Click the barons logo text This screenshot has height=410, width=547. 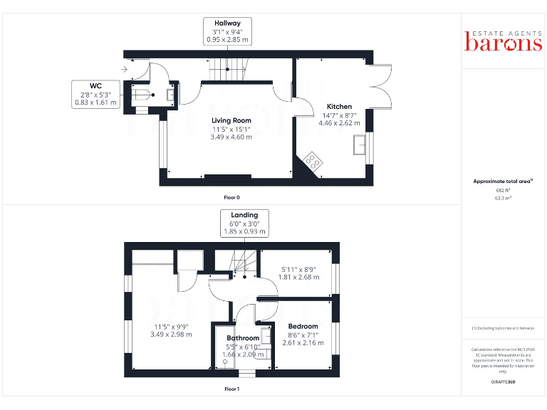pyautogui.click(x=504, y=42)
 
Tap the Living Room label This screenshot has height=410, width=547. pyautogui.click(x=231, y=120)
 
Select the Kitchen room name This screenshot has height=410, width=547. pyautogui.click(x=339, y=107)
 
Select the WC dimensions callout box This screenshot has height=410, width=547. pyautogui.click(x=95, y=94)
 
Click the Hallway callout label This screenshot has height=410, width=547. pyautogui.click(x=228, y=32)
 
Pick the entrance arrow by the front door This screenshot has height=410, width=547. pyautogui.click(x=125, y=69)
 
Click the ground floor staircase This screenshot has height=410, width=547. pyautogui.click(x=228, y=70)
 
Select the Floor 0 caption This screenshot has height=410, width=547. pyautogui.click(x=231, y=196)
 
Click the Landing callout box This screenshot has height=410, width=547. pyautogui.click(x=244, y=223)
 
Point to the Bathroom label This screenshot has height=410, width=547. pyautogui.click(x=243, y=338)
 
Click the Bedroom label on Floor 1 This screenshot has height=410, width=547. pyautogui.click(x=303, y=327)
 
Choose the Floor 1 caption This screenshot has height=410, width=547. pyautogui.click(x=231, y=389)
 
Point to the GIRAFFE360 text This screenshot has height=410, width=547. pyautogui.click(x=504, y=382)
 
